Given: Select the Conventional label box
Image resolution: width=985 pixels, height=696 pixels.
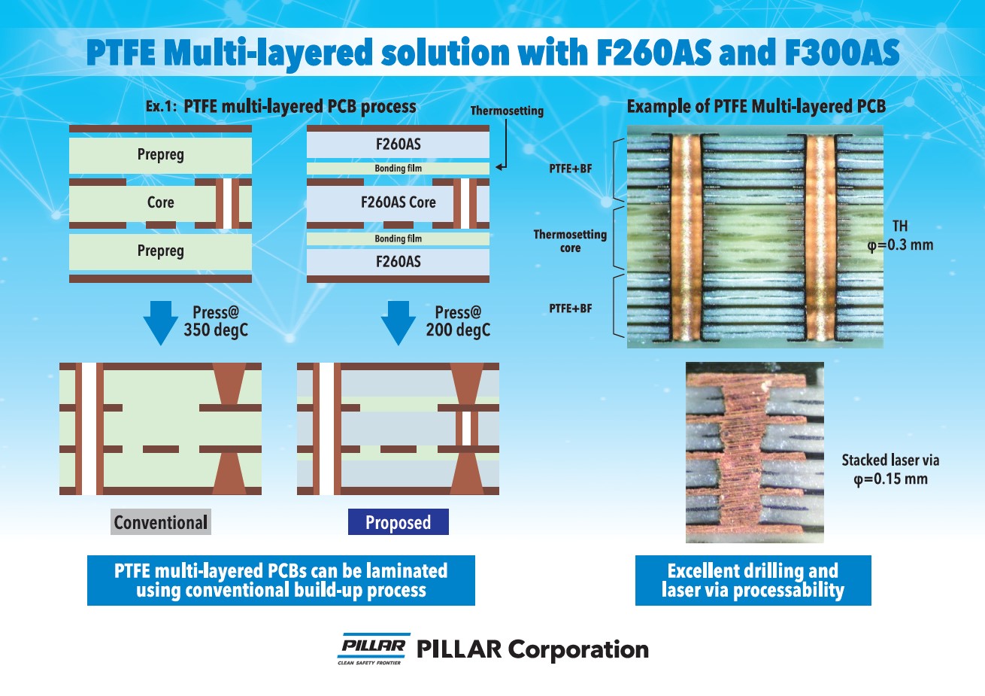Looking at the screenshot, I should click(x=161, y=522).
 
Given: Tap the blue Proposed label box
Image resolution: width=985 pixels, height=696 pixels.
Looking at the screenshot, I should click(x=398, y=522).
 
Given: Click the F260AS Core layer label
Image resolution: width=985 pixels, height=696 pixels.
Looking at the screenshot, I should click(x=398, y=202).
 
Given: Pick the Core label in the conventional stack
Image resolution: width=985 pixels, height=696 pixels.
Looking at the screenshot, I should click(x=160, y=202).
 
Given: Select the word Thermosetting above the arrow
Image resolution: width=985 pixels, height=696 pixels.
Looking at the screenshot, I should click(x=507, y=111).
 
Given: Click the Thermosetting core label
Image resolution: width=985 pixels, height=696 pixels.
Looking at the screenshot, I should click(x=570, y=241).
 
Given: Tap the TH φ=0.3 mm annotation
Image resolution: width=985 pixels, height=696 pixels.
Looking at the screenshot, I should click(x=900, y=236).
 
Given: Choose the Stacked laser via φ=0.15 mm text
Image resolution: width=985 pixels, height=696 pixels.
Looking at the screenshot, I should click(x=890, y=470).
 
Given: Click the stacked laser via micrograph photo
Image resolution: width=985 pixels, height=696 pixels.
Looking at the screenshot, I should click(x=754, y=452).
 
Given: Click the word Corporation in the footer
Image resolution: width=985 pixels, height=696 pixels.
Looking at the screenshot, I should click(x=578, y=649).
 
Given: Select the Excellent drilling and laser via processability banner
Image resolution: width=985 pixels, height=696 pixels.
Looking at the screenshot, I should click(x=753, y=580).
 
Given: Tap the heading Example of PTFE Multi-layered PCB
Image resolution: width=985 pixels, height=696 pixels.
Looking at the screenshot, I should click(x=756, y=107).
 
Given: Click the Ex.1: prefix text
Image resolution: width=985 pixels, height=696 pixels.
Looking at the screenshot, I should click(x=161, y=107).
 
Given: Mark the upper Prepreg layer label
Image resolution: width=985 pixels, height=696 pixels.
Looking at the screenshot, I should click(x=160, y=154).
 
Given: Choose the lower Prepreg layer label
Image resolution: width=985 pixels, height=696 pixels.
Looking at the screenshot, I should click(x=160, y=251).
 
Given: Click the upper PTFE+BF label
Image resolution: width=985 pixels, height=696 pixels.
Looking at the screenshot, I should click(x=570, y=169).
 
